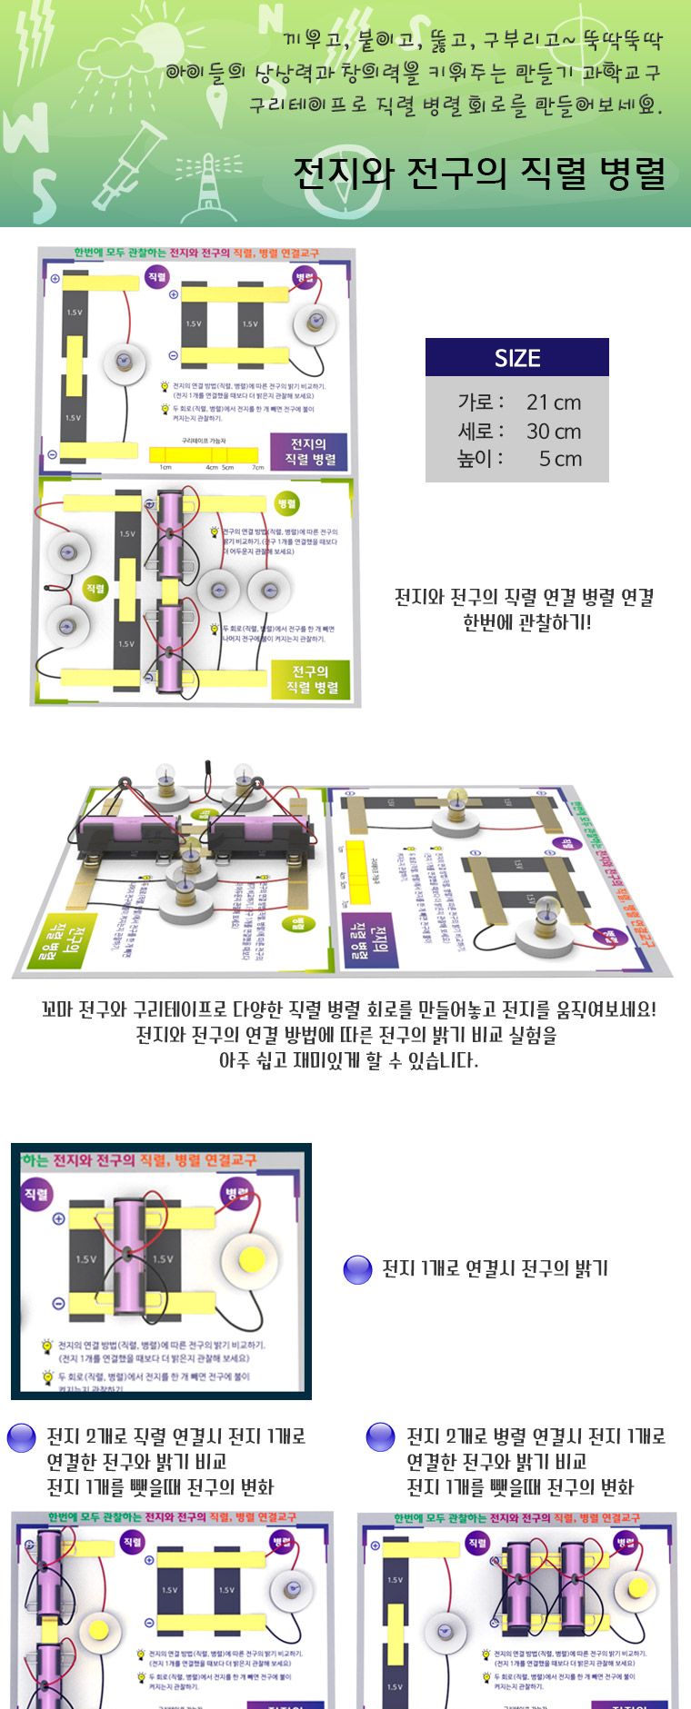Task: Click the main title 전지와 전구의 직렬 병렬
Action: (x=479, y=174)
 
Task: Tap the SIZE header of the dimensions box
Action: (x=516, y=358)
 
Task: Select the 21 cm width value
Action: (x=553, y=402)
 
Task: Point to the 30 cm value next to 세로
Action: (x=553, y=431)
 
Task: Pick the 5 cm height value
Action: (x=559, y=459)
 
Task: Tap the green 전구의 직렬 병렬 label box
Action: (x=311, y=679)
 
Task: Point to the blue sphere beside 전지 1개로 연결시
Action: (x=358, y=1269)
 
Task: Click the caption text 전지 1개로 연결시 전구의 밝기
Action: (x=495, y=1269)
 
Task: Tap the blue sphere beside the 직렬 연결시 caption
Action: (x=21, y=1438)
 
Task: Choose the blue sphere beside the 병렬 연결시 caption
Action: (x=380, y=1438)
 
